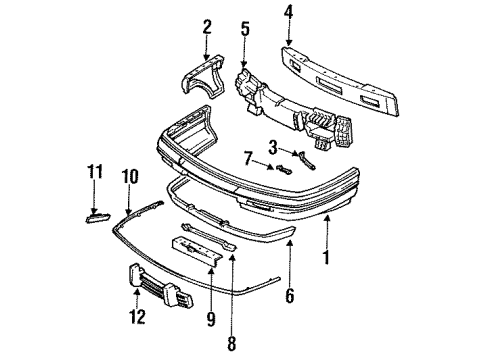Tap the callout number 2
click(207, 27)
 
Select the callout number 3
click(272, 147)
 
